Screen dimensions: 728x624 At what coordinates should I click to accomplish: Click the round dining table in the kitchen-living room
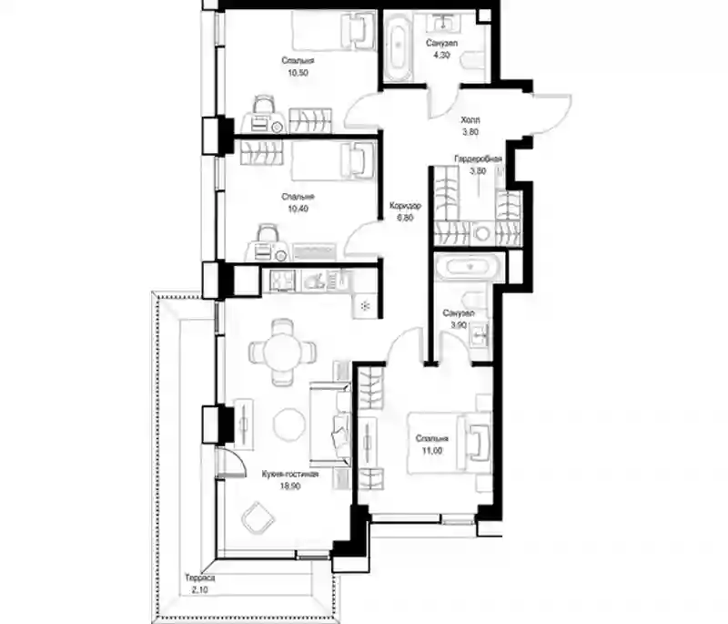pyautogui.click(x=282, y=351)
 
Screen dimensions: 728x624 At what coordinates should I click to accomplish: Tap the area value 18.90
pyautogui.click(x=290, y=486)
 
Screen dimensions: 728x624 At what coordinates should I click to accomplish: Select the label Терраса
pyautogui.click(x=199, y=578)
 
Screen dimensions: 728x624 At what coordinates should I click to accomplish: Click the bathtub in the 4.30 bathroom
pyautogui.click(x=399, y=45)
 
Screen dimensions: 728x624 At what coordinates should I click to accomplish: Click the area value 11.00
pyautogui.click(x=431, y=450)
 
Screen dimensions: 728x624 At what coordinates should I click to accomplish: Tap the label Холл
pyautogui.click(x=470, y=120)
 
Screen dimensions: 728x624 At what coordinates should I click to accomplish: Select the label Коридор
pyautogui.click(x=405, y=205)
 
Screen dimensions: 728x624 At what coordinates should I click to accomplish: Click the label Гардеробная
pyautogui.click(x=478, y=159)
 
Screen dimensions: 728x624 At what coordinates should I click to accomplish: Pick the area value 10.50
pyautogui.click(x=298, y=73)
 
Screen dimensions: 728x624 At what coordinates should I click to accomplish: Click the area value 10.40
pyautogui.click(x=298, y=209)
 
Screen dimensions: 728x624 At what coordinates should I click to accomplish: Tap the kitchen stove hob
pyautogui.click(x=283, y=281)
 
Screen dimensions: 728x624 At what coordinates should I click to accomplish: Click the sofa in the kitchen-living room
pyautogui.click(x=330, y=424)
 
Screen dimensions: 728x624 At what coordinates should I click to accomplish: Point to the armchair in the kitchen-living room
pyautogui.click(x=258, y=518)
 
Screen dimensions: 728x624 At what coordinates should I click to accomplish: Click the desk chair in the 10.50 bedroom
pyautogui.click(x=263, y=104)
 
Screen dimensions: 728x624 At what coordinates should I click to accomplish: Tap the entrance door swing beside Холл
pyautogui.click(x=551, y=113)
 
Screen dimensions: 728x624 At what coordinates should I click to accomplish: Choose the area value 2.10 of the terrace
pyautogui.click(x=198, y=591)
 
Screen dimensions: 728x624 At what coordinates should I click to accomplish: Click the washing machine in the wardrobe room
pyautogui.click(x=483, y=233)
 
